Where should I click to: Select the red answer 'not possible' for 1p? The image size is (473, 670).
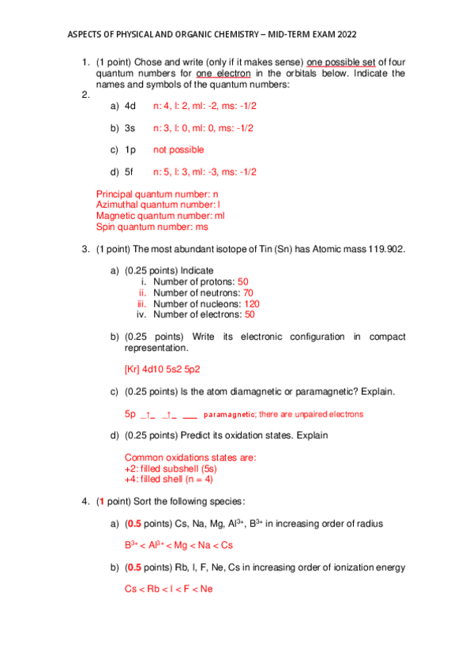pyautogui.click(x=178, y=149)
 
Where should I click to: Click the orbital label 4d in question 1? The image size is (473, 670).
pyautogui.click(x=130, y=105)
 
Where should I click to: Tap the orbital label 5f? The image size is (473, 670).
pyautogui.click(x=130, y=171)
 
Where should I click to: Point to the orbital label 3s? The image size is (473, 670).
pyautogui.click(x=130, y=127)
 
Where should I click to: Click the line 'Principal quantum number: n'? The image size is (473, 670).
pyautogui.click(x=157, y=194)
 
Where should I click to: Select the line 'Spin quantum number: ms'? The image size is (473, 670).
pyautogui.click(x=152, y=227)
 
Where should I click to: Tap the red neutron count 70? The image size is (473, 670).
pyautogui.click(x=248, y=292)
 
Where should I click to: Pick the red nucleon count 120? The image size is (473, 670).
pyautogui.click(x=252, y=303)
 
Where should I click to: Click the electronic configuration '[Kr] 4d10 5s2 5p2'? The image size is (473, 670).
pyautogui.click(x=163, y=368)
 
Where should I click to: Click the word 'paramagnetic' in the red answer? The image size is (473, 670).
pyautogui.click(x=229, y=414)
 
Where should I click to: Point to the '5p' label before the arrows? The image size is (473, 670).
pyautogui.click(x=130, y=413)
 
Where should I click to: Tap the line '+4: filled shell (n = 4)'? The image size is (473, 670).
pyautogui.click(x=169, y=479)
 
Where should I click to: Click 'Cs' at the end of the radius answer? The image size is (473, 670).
pyautogui.click(x=226, y=545)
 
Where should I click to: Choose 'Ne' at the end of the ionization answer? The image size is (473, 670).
pyautogui.click(x=206, y=589)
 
